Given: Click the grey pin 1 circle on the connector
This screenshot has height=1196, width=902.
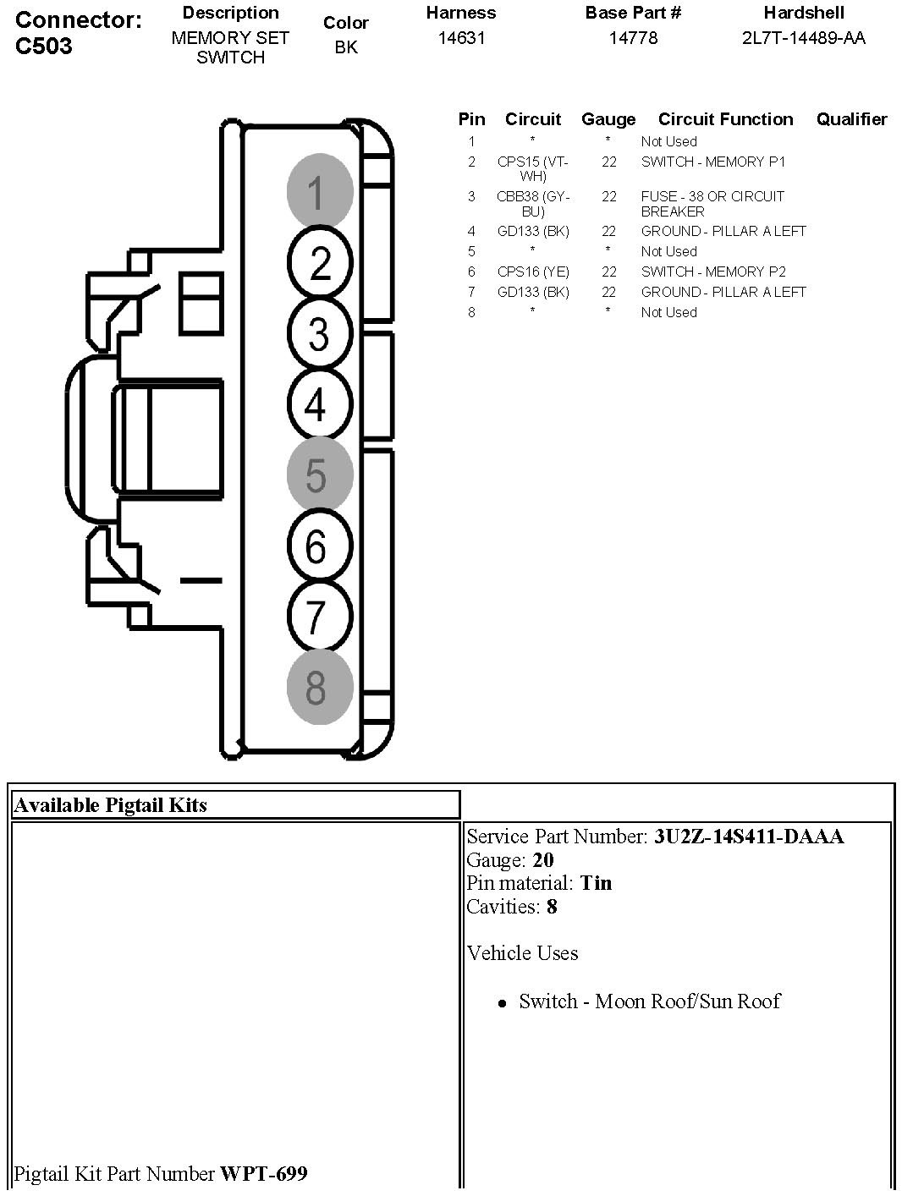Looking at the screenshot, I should point(319,191).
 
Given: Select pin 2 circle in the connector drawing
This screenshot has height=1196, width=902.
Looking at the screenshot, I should point(319,262).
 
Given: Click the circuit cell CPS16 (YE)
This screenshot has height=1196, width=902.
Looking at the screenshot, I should point(533,272).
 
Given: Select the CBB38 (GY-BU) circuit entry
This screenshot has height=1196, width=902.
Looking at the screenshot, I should point(533,204).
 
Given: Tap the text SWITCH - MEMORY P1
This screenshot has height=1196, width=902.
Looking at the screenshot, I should point(712,162).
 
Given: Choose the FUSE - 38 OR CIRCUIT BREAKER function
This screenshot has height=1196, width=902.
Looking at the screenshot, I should point(712,204).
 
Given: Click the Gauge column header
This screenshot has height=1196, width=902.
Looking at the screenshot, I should point(608,119).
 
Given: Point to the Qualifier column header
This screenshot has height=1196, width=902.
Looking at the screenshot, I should point(851,119).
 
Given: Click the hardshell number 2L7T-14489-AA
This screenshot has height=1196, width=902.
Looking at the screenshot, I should point(803,38).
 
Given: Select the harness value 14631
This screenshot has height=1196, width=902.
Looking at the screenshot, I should point(461,38).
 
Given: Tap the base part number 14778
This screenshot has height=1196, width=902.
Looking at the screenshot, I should point(633,38).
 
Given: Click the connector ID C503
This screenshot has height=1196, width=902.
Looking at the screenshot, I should point(44,47).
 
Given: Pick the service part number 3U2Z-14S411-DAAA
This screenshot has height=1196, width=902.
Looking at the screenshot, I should point(749,837).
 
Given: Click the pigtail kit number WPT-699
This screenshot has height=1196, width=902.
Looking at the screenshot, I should point(264,1174).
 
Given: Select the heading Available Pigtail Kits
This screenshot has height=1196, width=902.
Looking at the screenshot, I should point(111,805).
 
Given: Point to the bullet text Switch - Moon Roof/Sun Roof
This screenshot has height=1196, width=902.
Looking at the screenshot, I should point(649,1001).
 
